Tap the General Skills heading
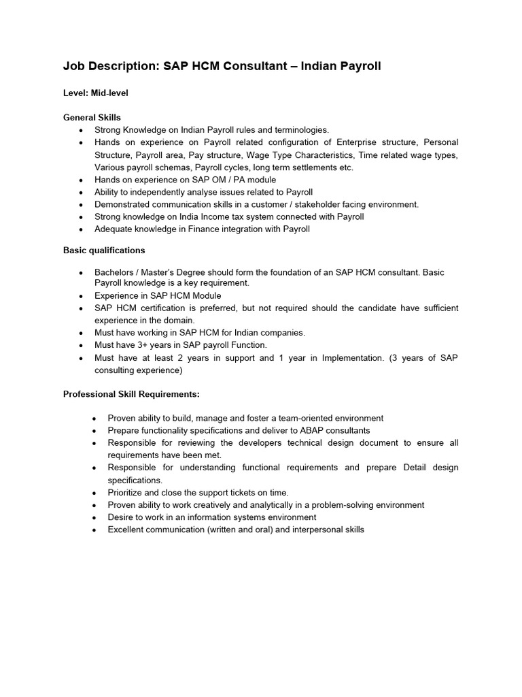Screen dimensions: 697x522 tap(92, 118)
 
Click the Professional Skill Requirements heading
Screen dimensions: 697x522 tap(131, 394)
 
